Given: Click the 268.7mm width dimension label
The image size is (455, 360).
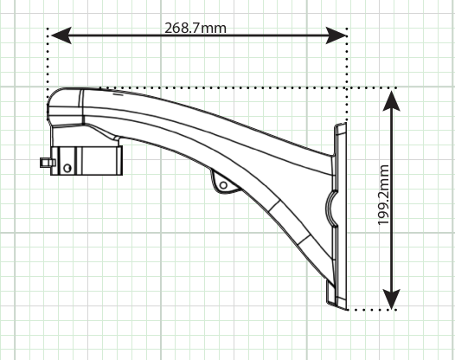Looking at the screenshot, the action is pos(195,29).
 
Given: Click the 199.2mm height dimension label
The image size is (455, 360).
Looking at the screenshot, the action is pos(383,195).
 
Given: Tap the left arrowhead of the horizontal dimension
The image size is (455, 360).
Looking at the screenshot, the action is pos(61,35).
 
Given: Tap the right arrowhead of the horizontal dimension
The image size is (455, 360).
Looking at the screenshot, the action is pos(336,35).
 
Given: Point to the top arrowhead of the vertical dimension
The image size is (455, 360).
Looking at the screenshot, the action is pos(392,100).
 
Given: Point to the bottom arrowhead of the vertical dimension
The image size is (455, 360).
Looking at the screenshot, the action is pos(392,299).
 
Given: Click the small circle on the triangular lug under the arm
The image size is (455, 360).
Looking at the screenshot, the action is pos(223,185).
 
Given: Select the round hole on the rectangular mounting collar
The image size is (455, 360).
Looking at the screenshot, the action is pos(67,168).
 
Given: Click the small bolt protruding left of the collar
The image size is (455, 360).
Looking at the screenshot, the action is pos(48,163).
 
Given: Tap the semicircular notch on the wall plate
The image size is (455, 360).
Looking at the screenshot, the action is pos(330,208).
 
